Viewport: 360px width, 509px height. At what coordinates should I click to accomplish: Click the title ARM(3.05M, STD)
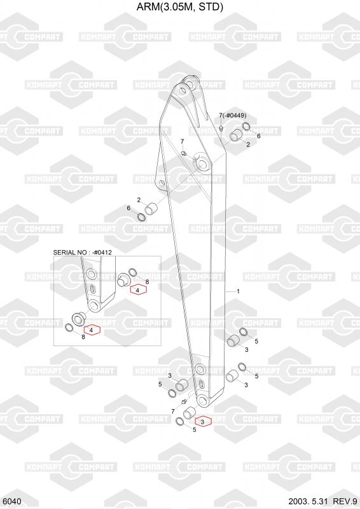tap(180, 7)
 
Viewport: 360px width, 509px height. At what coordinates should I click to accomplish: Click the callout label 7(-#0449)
tap(232, 115)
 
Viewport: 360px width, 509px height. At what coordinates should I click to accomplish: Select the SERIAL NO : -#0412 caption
tap(83, 252)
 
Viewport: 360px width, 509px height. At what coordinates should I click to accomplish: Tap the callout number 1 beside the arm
tap(238, 291)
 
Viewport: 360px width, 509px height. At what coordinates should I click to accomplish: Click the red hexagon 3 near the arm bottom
tap(202, 422)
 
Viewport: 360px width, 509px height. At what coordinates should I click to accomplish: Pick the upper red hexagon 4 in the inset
tap(138, 290)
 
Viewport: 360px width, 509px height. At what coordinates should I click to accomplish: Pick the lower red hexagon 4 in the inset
tap(92, 330)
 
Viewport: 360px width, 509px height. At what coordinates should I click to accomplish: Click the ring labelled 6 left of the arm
tap(142, 216)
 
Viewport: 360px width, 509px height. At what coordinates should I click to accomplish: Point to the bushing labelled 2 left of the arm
tap(151, 209)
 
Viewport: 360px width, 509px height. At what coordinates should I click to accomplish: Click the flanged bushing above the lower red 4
tap(79, 317)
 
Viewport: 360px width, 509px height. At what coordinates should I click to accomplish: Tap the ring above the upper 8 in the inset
tap(133, 272)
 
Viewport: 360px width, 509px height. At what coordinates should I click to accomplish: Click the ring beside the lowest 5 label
tap(179, 422)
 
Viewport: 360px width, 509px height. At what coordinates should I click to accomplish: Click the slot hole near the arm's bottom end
tap(201, 385)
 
